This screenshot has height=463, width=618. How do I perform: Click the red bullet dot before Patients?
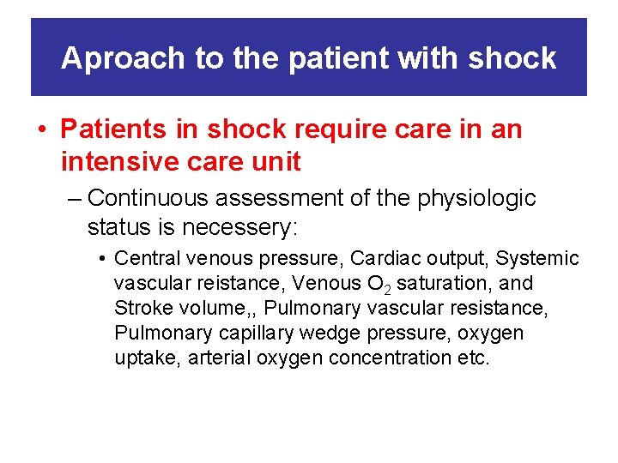(x=41, y=130)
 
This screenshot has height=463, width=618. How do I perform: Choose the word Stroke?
(x=142, y=308)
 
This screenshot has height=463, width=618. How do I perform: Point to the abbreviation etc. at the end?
(x=473, y=358)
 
